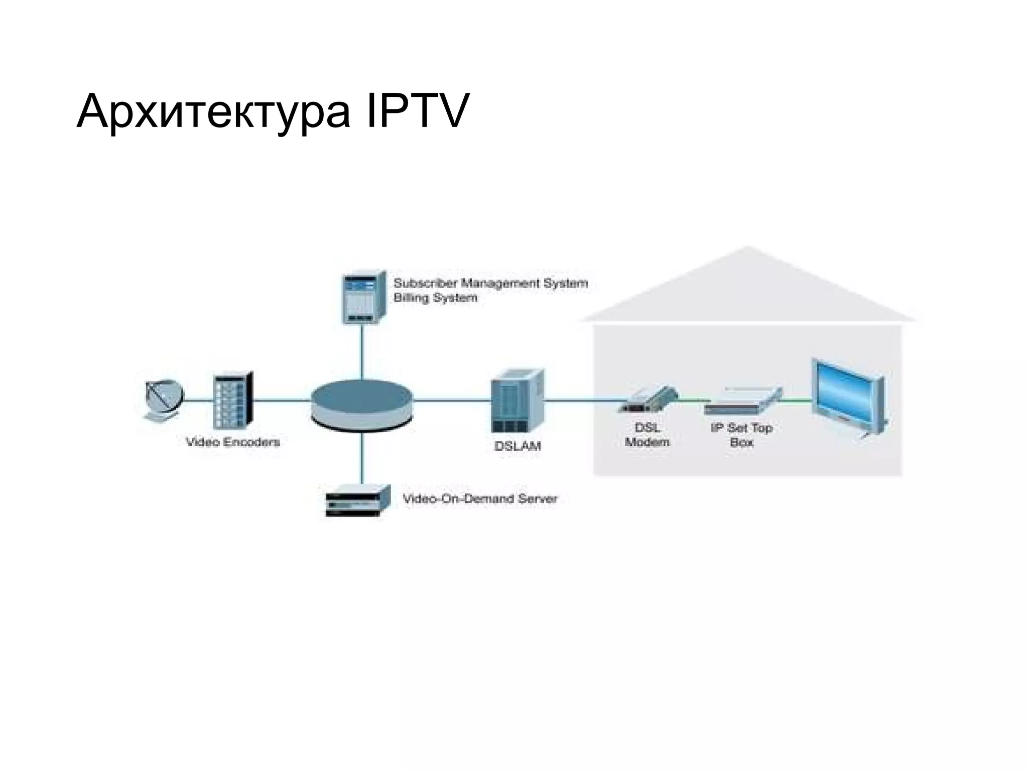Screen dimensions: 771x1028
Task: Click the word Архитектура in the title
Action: pyautogui.click(x=213, y=111)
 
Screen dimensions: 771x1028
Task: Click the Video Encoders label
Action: pyautogui.click(x=232, y=442)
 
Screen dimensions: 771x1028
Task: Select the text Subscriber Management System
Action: pyautogui.click(x=490, y=283)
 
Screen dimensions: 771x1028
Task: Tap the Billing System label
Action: pyautogui.click(x=435, y=298)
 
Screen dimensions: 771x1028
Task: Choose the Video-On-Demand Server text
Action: pyautogui.click(x=480, y=499)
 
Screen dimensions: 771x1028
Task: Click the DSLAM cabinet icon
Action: pyautogui.click(x=517, y=401)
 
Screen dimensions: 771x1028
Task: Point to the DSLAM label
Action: pyautogui.click(x=518, y=446)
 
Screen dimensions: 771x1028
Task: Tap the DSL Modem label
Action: pyautogui.click(x=647, y=435)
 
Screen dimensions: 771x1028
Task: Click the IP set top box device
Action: pyautogui.click(x=743, y=401)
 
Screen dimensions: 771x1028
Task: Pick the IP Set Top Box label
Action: pyautogui.click(x=741, y=435)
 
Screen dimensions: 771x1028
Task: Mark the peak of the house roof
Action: pyautogui.click(x=747, y=247)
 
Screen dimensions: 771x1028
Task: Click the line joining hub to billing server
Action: pyautogui.click(x=362, y=351)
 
